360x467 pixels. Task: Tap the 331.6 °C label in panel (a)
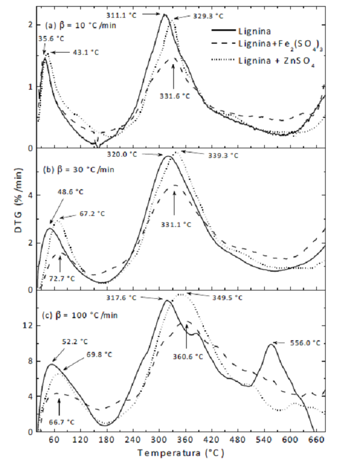176,95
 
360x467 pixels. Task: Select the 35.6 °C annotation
50,39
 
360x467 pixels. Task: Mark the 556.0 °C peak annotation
306,343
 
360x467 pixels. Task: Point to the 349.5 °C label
228,297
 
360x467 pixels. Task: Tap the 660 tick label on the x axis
316,440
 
